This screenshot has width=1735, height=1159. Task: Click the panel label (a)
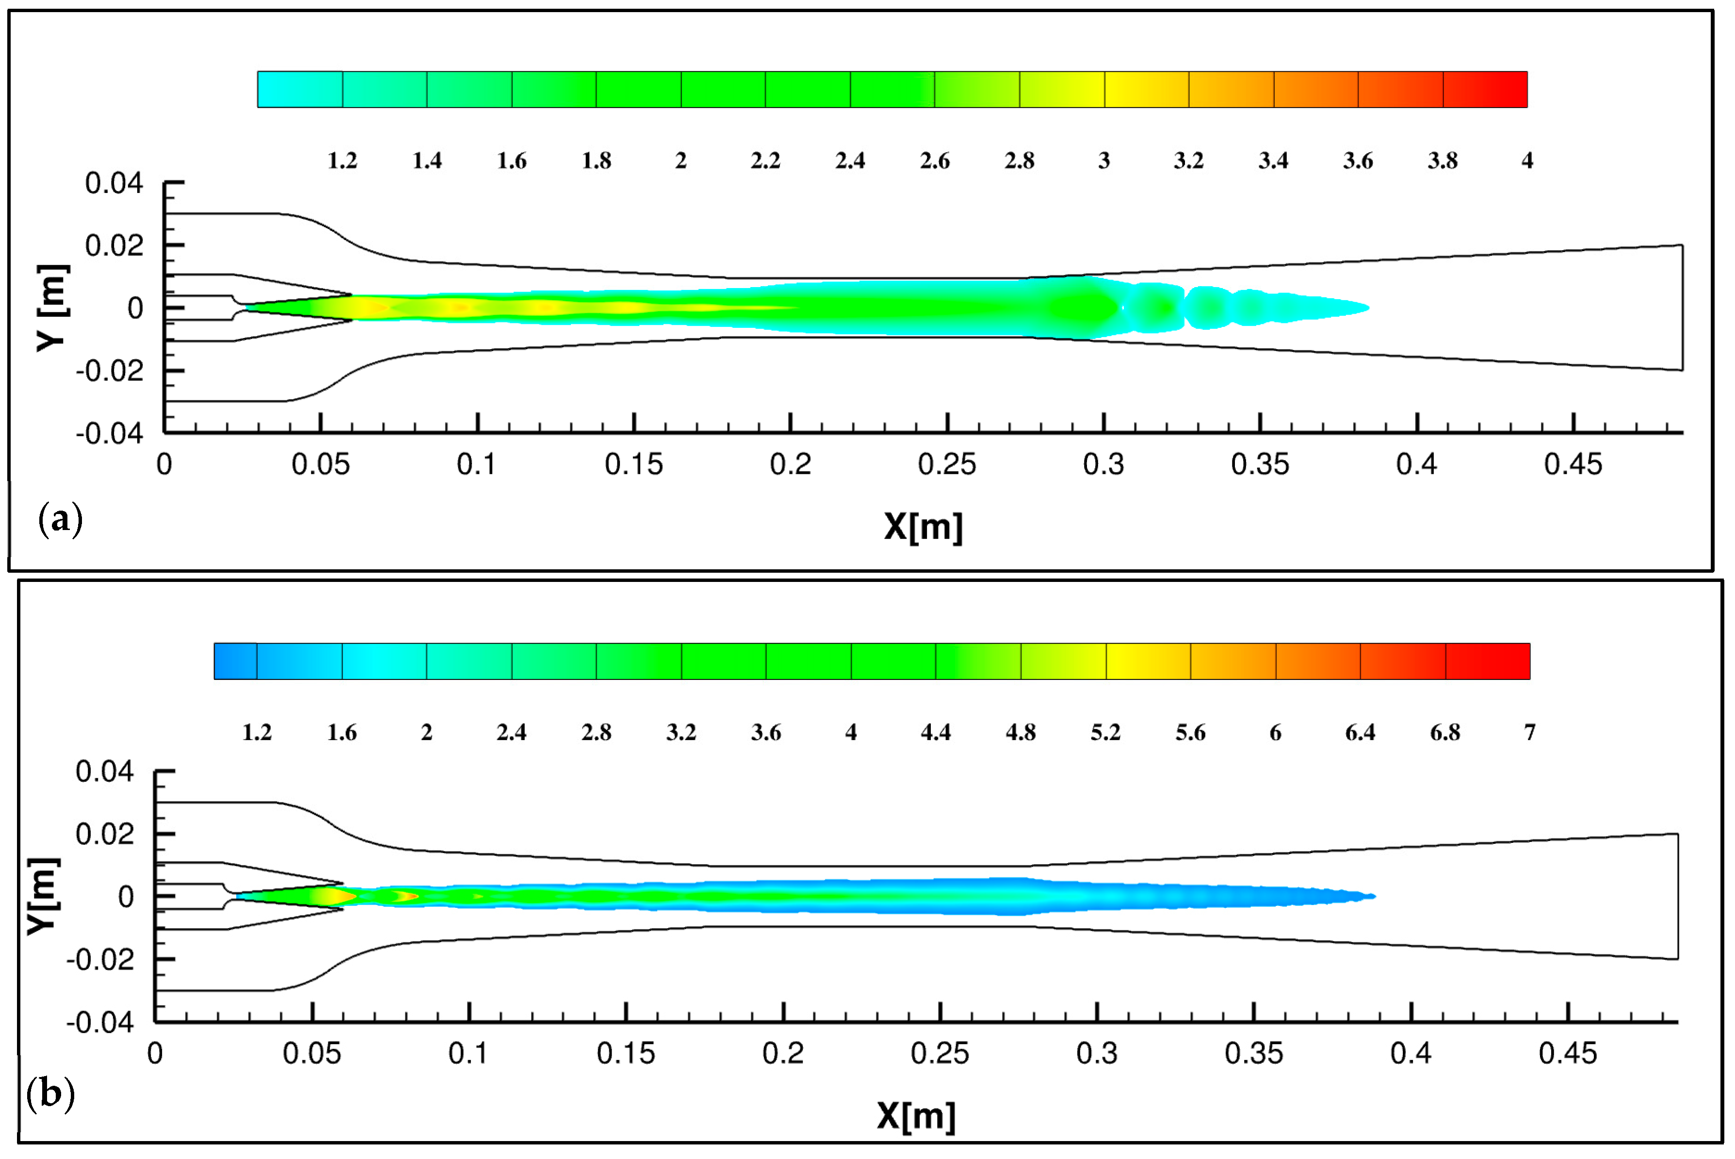point(60,520)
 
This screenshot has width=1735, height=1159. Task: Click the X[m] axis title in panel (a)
point(924,527)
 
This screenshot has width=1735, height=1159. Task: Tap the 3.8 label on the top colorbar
point(1442,161)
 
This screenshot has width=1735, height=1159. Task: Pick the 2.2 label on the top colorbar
point(765,161)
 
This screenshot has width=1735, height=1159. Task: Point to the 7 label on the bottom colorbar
point(1529,733)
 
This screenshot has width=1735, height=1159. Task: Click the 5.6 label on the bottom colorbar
point(1190,733)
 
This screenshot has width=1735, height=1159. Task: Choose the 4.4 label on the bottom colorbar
point(935,733)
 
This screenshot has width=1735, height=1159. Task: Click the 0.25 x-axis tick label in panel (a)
point(946,464)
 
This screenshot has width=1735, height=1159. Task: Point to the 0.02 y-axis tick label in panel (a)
point(114,245)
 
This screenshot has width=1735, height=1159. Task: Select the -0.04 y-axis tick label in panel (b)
point(100,1023)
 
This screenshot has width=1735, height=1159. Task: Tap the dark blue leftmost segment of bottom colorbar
point(235,661)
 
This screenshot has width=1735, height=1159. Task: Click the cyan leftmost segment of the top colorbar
point(299,89)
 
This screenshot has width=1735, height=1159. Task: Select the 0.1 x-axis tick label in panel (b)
point(468,1053)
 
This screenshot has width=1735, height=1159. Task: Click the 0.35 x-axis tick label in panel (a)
point(1260,464)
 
